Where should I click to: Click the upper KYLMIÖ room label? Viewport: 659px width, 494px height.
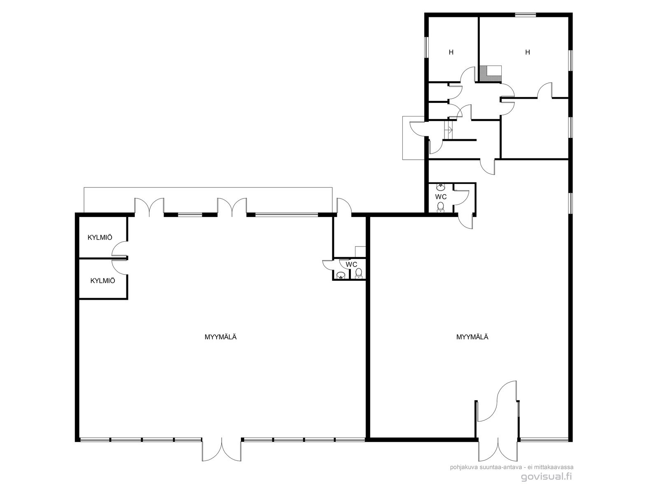[x=100, y=238]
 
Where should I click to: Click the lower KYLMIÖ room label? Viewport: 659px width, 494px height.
[x=103, y=281]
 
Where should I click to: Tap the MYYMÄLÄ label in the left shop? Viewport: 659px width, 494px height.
[x=221, y=337]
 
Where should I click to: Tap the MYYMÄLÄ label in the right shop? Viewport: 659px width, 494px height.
[x=472, y=337]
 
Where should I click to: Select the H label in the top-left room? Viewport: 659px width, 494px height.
[x=451, y=52]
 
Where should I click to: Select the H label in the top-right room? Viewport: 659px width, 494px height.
[x=528, y=52]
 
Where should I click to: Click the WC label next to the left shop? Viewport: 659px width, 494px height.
[x=351, y=265]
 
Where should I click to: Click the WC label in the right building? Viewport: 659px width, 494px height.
[x=441, y=197]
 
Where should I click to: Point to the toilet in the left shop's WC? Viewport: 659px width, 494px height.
[x=358, y=273]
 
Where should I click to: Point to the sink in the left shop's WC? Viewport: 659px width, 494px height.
[x=341, y=275]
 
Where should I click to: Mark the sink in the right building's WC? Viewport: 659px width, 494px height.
[x=441, y=187]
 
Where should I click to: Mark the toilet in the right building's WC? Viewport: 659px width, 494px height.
[x=440, y=207]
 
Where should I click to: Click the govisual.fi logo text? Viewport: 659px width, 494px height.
[x=546, y=477]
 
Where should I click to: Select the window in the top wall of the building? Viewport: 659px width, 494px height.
[x=526, y=14]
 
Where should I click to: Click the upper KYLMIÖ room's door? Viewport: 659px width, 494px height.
[x=119, y=249]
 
